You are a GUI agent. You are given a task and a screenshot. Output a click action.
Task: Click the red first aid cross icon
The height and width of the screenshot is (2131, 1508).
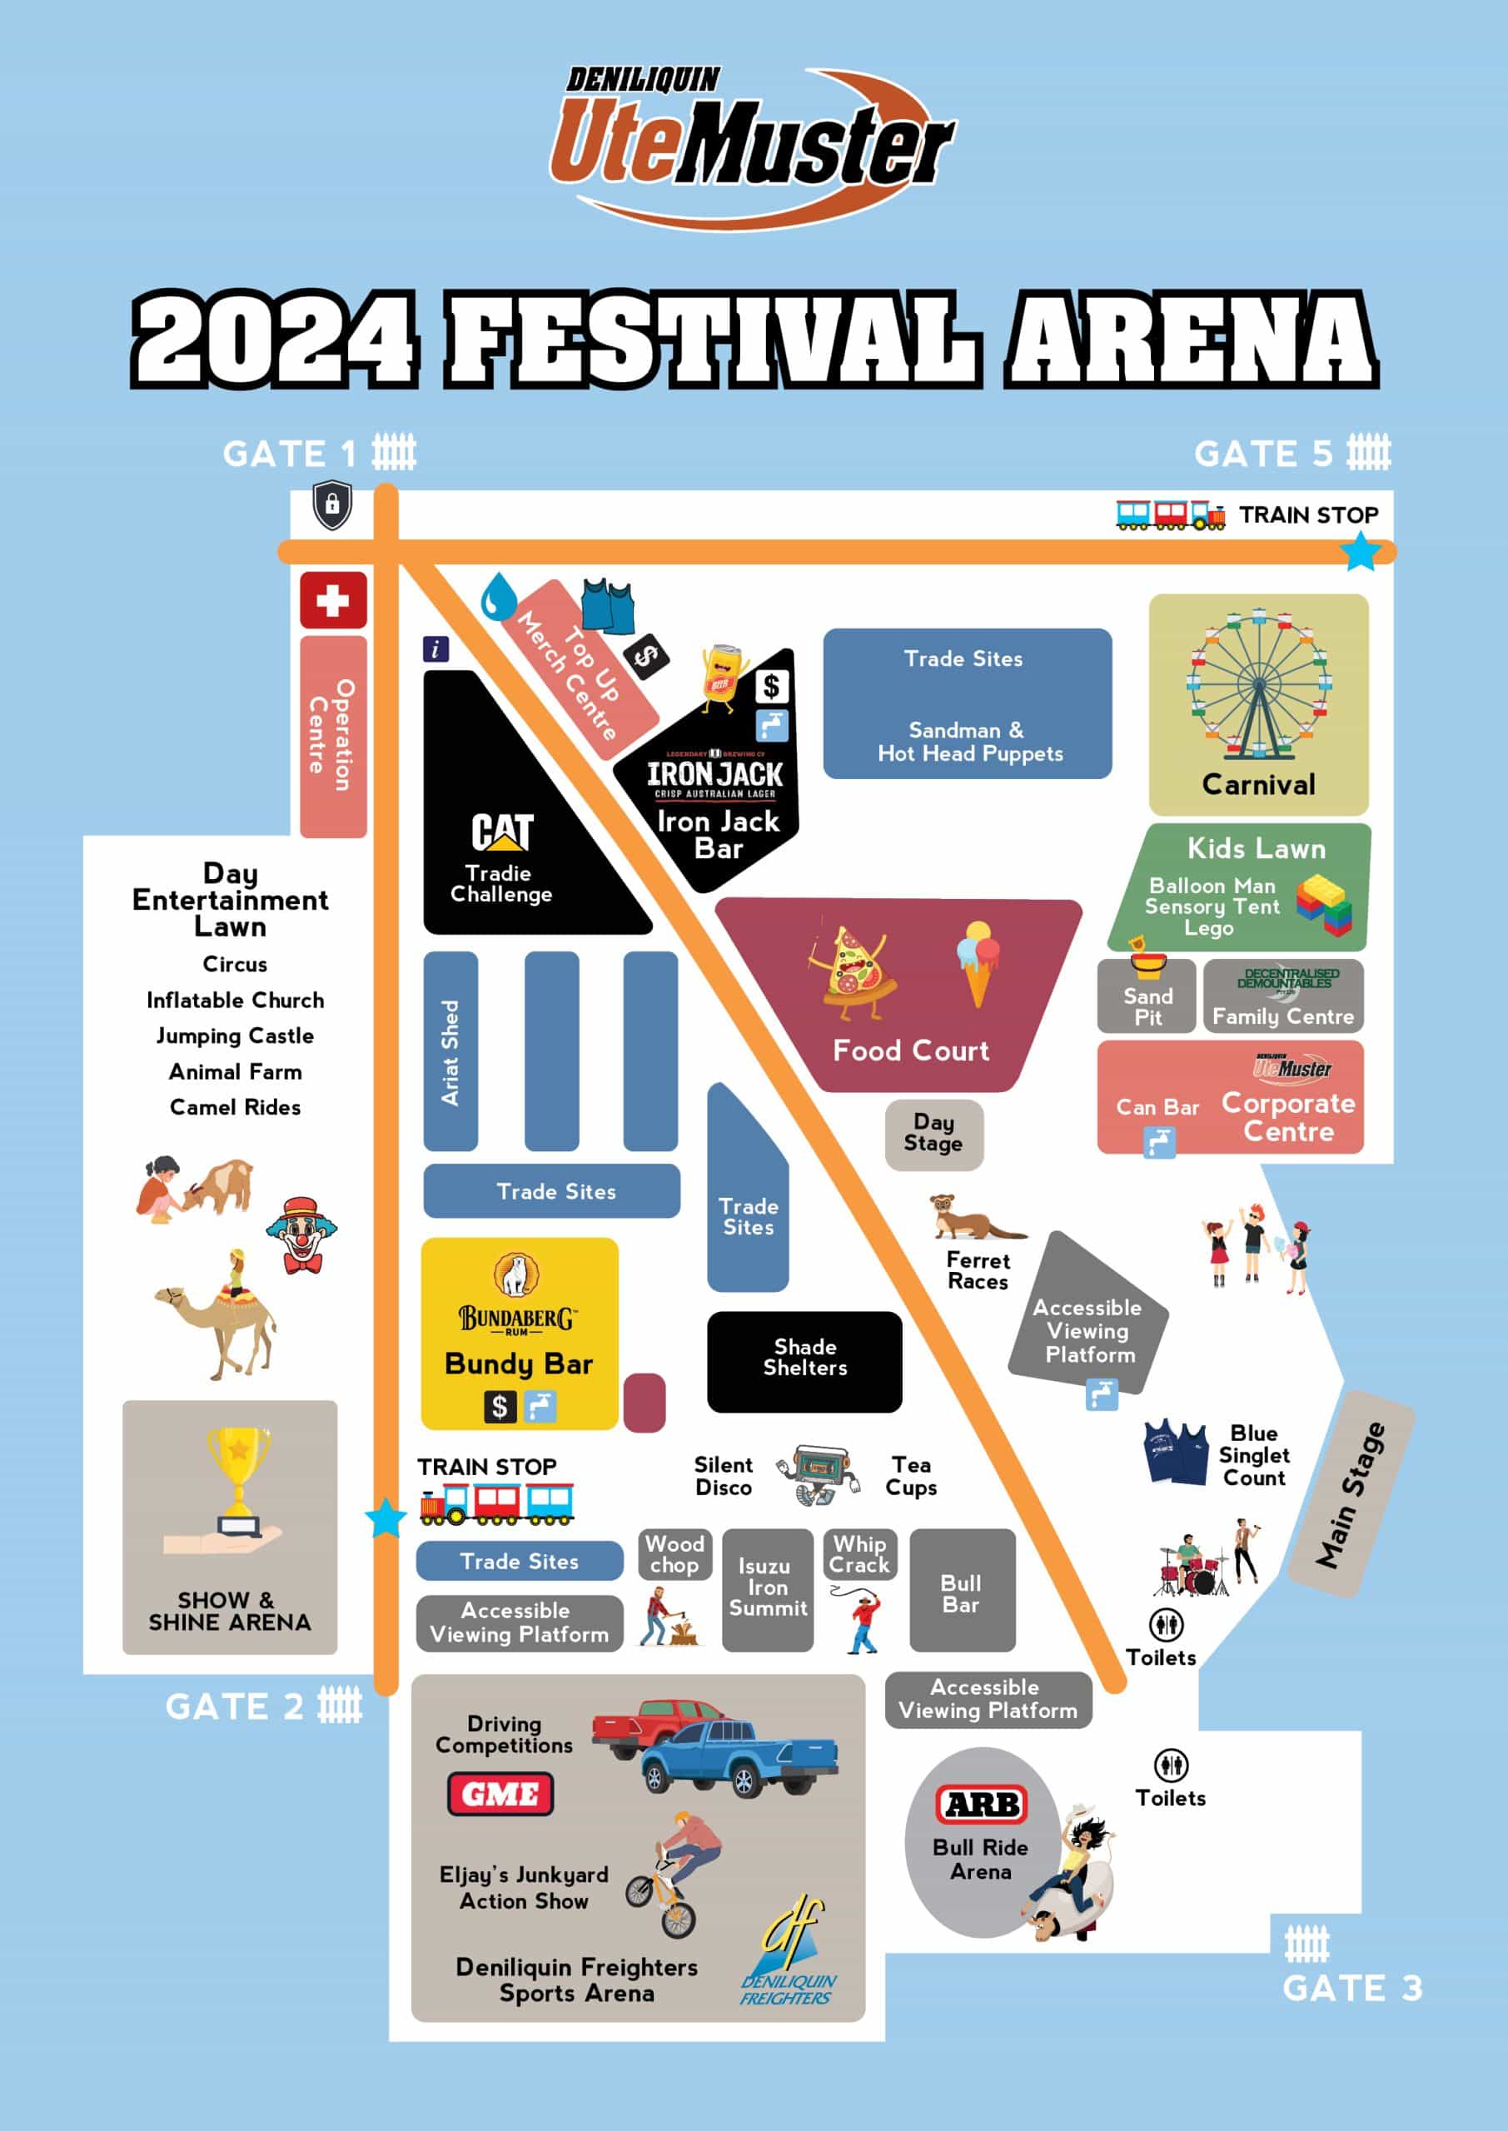(x=332, y=600)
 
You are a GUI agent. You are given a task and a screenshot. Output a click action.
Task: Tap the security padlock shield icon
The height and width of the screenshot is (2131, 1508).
(x=331, y=505)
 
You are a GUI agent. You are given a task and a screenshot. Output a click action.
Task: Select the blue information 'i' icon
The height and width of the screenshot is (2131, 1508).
(x=435, y=648)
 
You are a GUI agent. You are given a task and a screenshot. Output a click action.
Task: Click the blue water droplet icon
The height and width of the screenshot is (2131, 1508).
(x=499, y=596)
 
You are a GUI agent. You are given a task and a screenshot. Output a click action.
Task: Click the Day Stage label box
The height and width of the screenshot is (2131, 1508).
(x=933, y=1133)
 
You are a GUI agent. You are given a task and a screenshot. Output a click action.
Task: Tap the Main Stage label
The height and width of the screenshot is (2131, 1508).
(x=1351, y=1494)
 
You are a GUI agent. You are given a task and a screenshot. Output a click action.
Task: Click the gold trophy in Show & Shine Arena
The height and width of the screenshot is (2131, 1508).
(x=237, y=1477)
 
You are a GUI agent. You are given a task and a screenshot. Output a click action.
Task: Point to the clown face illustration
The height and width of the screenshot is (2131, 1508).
(x=301, y=1234)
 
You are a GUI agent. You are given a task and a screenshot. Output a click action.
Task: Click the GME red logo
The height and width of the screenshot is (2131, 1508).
(x=500, y=1794)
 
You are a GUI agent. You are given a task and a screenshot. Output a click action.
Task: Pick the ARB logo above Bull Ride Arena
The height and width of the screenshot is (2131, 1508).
(x=982, y=1805)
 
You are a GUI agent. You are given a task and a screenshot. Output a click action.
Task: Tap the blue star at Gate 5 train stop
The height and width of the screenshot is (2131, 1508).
(x=1361, y=551)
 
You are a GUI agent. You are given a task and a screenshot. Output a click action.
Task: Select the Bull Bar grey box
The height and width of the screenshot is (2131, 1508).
(x=962, y=1592)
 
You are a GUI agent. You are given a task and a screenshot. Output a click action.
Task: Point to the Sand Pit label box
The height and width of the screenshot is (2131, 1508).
(x=1147, y=1000)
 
